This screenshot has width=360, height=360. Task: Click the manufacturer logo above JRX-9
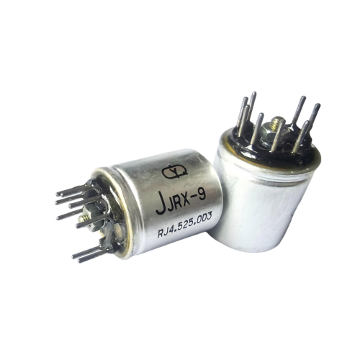pyautogui.click(x=174, y=171)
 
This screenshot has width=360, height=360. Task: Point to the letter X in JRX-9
pyautogui.click(x=186, y=199)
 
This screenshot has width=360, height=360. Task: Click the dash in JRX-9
pyautogui.click(x=194, y=198)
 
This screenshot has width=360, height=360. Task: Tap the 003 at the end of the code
pyautogui.click(x=204, y=218)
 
